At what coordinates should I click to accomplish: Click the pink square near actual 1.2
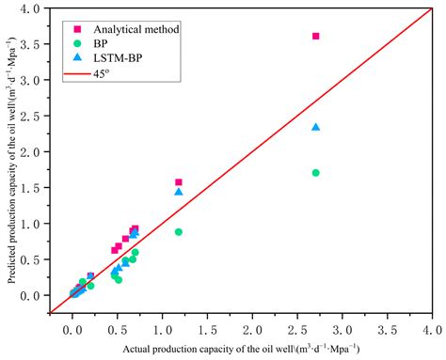pyautogui.click(x=179, y=181)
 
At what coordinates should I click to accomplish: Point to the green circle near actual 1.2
pyautogui.click(x=179, y=231)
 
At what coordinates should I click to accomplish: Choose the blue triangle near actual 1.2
pyautogui.click(x=179, y=192)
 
